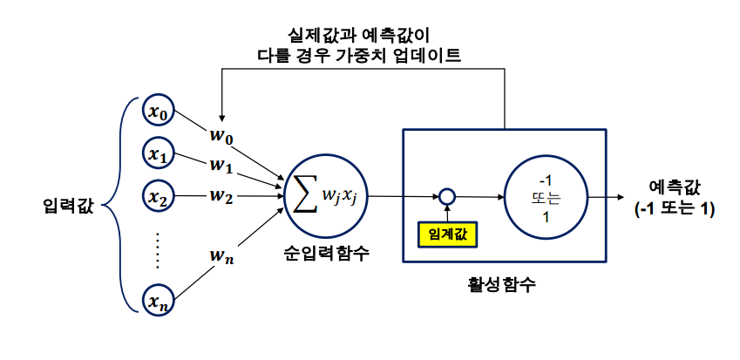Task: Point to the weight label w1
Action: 221,164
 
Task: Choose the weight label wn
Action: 221,255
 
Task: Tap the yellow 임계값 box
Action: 447,233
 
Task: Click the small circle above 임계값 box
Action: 447,197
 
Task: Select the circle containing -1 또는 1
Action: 545,197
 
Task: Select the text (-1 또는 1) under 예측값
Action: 675,209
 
